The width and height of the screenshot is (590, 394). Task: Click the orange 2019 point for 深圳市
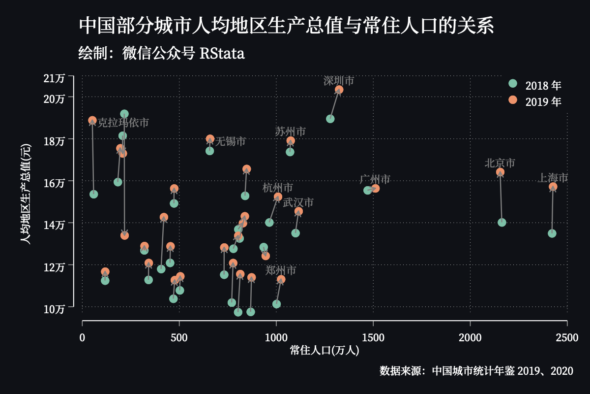339,90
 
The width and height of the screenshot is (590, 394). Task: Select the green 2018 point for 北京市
502,223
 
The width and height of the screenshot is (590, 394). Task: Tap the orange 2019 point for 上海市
553,187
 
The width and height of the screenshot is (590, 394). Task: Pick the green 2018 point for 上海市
552,233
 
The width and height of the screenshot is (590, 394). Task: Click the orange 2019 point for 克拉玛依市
92,121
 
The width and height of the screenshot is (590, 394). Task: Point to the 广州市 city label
375,179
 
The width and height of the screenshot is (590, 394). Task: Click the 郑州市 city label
281,270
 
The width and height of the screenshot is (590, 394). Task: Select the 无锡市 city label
231,141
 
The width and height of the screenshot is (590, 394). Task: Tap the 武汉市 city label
298,202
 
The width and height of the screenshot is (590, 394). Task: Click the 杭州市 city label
278,188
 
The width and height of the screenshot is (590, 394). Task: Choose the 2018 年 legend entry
535,85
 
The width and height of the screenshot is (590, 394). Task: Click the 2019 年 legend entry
535,101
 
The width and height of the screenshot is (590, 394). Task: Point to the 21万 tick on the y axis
54,78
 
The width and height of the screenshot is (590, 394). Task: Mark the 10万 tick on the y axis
54,309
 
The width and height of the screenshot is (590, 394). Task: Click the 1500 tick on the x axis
373,338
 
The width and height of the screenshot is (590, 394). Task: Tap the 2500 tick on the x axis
567,338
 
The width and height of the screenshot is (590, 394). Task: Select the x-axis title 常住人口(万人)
324,351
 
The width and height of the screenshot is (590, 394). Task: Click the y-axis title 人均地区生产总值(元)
26,194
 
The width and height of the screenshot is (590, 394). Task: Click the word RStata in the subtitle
222,53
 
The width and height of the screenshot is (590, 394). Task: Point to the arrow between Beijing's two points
501,197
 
